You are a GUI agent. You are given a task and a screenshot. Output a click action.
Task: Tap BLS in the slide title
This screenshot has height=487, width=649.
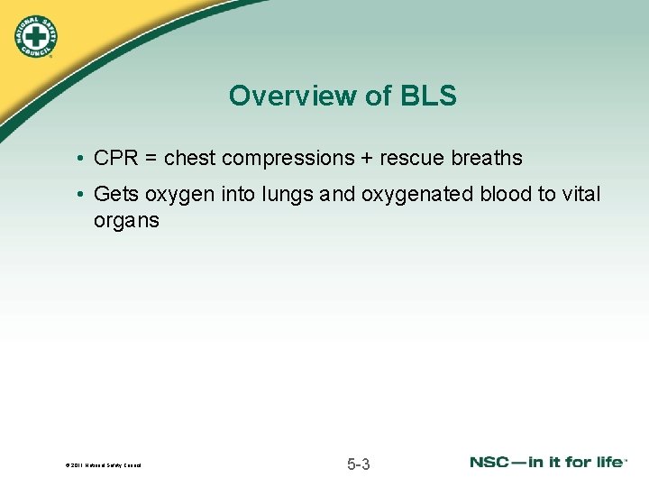click(425, 96)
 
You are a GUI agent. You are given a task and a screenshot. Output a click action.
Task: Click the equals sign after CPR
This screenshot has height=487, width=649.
click(151, 159)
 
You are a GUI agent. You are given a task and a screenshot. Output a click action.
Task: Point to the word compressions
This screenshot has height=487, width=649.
click(288, 159)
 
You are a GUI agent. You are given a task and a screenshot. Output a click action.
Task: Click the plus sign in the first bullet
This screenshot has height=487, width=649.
click(367, 159)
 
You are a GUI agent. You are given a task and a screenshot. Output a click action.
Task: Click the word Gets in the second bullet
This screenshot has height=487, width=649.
click(114, 194)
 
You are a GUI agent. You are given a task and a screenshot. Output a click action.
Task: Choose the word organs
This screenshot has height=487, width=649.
click(126, 220)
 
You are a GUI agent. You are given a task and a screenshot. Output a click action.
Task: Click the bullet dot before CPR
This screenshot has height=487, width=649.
click(81, 159)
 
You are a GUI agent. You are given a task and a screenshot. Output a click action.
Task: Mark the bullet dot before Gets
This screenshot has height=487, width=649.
click(81, 195)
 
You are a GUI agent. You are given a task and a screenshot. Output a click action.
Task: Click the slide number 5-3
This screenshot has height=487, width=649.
click(358, 464)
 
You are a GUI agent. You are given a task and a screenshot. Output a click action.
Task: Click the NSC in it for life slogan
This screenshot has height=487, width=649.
click(547, 462)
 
